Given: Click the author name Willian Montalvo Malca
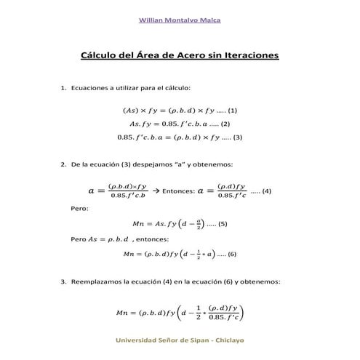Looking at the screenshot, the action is point(180,20).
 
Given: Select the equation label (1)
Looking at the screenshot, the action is point(233,110).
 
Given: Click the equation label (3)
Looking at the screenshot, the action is point(237,137).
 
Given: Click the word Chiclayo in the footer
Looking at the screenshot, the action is point(228,340).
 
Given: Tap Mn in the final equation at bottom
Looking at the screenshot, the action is point(121,313).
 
